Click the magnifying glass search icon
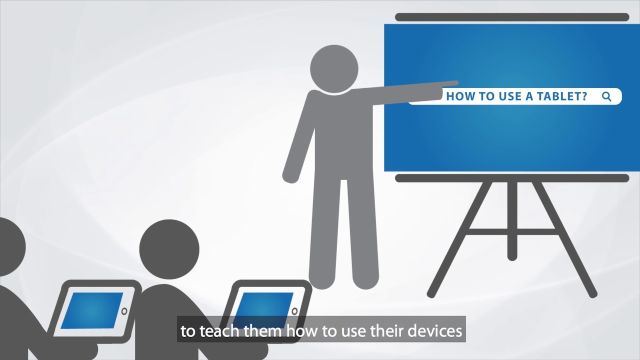pyautogui.click(x=606, y=96)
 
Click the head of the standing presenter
pyautogui.click(x=334, y=69)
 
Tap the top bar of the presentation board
pyautogui.click(x=511, y=17)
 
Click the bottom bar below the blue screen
pyautogui.click(x=511, y=178)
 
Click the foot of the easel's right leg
pyautogui.click(x=592, y=293)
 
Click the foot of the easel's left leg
pyautogui.click(x=431, y=293)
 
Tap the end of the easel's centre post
pyautogui.click(x=511, y=256)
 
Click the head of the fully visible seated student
pyautogui.click(x=169, y=249)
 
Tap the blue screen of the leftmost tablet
pyautogui.click(x=92, y=310)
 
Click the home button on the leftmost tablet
pyautogui.click(x=124, y=311)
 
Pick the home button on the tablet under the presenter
pyautogui.click(x=294, y=311)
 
